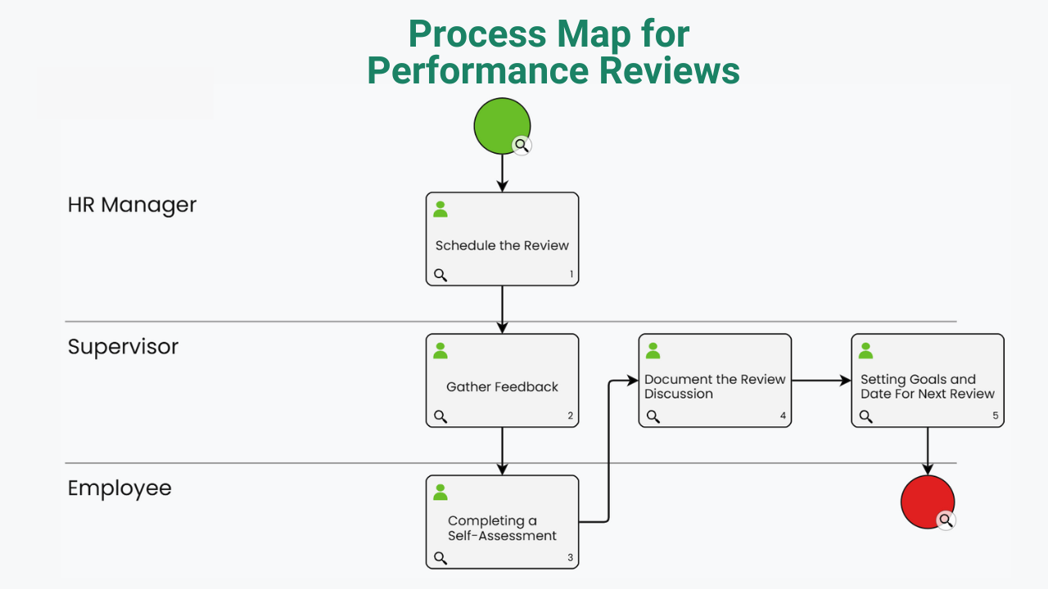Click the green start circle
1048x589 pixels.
coord(502,126)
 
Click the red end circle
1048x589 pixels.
coord(928,501)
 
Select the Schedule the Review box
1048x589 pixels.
coord(502,239)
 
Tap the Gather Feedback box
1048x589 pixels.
coord(502,380)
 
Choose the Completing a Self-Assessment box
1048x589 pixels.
coord(502,522)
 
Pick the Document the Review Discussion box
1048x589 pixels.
coord(715,380)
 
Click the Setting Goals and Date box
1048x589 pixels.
coord(928,380)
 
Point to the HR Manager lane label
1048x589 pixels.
coord(132,205)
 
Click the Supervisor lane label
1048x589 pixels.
coord(123,347)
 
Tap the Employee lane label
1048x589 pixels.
coord(120,488)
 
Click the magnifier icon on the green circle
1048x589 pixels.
coord(522,146)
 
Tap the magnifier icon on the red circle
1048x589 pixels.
coord(946,520)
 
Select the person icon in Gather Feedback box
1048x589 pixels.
coord(440,351)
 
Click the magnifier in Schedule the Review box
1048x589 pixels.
coord(440,275)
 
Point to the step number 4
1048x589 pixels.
coord(783,416)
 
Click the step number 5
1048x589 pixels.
coord(995,416)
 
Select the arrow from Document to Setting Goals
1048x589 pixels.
coord(821,380)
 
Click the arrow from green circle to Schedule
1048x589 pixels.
coord(502,173)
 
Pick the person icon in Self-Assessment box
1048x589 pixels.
coord(440,492)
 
